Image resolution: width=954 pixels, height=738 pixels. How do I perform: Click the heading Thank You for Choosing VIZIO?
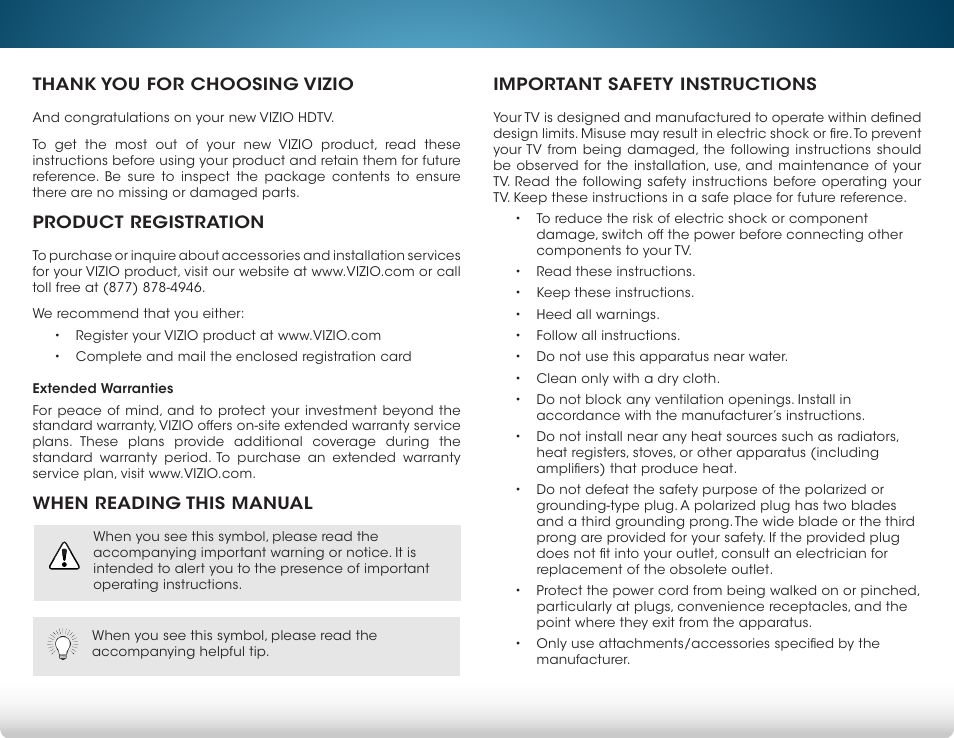pos(192,84)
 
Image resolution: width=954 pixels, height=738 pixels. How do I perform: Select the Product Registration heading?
pos(148,222)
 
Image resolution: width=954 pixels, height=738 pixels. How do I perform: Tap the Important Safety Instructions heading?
pos(654,84)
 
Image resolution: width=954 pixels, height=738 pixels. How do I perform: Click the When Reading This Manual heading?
pos(172,503)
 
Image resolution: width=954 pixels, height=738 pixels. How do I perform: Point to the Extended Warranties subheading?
pos(102,388)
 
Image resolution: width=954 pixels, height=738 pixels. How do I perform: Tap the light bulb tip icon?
pos(63,645)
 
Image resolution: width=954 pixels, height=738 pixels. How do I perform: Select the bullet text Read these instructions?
pos(615,271)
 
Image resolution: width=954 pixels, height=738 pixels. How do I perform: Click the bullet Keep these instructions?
pos(614,292)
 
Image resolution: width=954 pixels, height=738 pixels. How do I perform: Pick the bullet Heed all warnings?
pos(597,314)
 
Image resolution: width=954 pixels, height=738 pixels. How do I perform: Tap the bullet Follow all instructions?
pos(607,335)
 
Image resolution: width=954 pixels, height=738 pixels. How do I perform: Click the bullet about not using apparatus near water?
pos(661,356)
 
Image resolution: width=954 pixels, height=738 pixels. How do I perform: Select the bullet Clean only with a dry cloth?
pos(627,378)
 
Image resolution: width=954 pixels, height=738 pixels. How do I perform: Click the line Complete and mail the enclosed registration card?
pos(243,356)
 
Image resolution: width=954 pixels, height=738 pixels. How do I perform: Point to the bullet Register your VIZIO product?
pos(228,335)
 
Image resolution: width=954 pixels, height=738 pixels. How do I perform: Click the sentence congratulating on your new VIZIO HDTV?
pos(183,116)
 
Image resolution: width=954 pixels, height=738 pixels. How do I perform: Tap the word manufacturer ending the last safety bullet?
pos(582,660)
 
